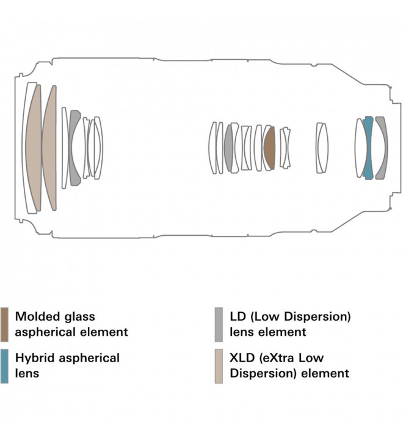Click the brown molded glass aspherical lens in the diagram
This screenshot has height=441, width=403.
pos(269,147)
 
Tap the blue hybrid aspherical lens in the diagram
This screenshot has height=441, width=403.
pos(368,147)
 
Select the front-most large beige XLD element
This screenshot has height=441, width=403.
pos(33,147)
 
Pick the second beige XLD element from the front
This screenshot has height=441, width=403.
pos(49,147)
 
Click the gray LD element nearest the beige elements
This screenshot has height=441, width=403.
pos(75,147)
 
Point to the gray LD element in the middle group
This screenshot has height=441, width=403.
pos(229,147)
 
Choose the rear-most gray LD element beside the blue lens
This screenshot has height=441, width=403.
pos(381,147)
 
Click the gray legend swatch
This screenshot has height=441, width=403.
pos(219,323)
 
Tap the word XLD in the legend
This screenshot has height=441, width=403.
pos(243,357)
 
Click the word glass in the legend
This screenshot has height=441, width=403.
pos(79,316)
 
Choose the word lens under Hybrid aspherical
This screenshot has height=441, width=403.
pos(26,373)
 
